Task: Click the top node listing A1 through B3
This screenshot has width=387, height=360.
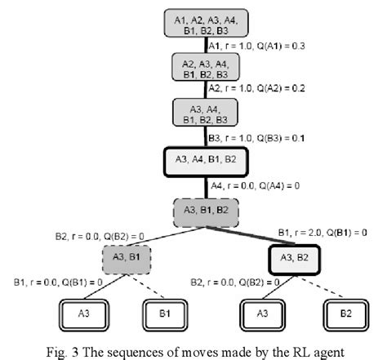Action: (x=206, y=23)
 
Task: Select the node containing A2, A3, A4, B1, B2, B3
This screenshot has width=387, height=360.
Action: (x=206, y=67)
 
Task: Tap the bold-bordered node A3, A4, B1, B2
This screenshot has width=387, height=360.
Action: (x=206, y=162)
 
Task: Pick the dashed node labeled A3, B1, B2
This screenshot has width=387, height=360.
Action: (x=206, y=213)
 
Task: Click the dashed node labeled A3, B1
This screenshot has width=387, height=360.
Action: (x=127, y=260)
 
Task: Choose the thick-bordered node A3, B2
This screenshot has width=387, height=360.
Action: (x=294, y=260)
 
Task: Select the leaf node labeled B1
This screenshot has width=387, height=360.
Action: (x=165, y=315)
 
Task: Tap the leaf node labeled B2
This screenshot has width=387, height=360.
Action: (x=346, y=315)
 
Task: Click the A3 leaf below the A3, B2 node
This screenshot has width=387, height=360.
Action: (x=262, y=315)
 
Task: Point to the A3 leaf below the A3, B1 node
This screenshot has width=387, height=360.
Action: (x=84, y=315)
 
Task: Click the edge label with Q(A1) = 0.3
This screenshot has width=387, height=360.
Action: (x=256, y=46)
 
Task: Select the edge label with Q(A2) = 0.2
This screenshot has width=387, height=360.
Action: (x=256, y=88)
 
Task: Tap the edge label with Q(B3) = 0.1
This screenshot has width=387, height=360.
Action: (x=256, y=138)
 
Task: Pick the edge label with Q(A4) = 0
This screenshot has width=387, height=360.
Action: (x=256, y=186)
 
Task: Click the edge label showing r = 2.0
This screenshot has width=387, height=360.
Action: (x=322, y=233)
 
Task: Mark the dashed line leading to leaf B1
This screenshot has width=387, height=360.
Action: (x=146, y=286)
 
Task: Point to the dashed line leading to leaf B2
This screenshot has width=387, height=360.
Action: (x=319, y=287)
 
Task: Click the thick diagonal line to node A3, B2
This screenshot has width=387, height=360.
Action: (x=251, y=235)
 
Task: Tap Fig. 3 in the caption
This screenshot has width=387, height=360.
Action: (x=62, y=352)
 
